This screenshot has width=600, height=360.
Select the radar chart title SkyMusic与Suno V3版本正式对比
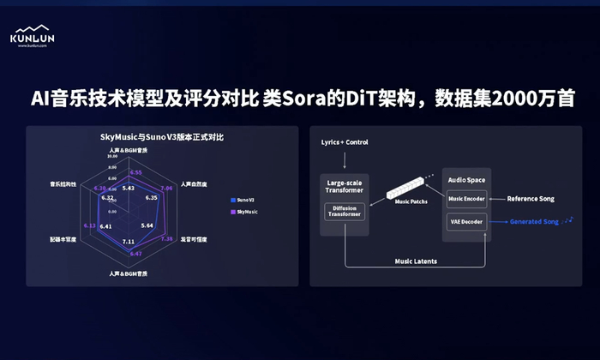coord(162,137)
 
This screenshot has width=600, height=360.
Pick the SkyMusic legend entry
coord(248,210)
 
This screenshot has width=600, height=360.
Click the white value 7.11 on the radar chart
coord(129,242)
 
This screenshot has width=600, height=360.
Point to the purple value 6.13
coord(90,225)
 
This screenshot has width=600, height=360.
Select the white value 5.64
coord(147,225)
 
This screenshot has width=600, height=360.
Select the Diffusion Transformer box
coord(345,211)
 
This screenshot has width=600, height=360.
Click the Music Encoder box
coord(466,200)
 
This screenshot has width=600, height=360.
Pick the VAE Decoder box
coord(465,221)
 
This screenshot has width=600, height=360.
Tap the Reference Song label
coord(531,199)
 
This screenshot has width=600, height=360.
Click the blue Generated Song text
coord(534,222)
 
